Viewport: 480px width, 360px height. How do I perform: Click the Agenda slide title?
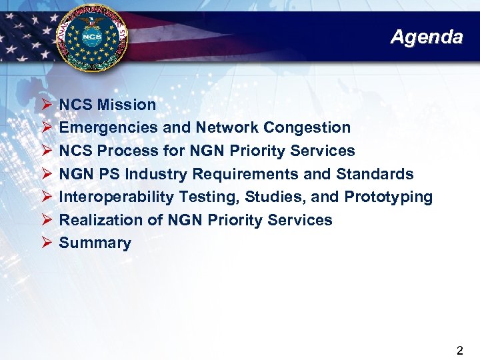pos(426,37)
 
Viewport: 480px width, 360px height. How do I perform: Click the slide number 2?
pos(460,349)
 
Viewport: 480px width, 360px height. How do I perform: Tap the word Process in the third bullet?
pos(123,151)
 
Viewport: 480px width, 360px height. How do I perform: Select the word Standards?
pos(375,174)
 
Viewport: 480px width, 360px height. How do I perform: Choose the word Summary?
pos(95,243)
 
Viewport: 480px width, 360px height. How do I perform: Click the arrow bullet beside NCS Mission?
pos(45,105)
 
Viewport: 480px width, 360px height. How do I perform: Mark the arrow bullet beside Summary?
pos(45,243)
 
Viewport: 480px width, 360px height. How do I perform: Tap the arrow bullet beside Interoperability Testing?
pos(45,197)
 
